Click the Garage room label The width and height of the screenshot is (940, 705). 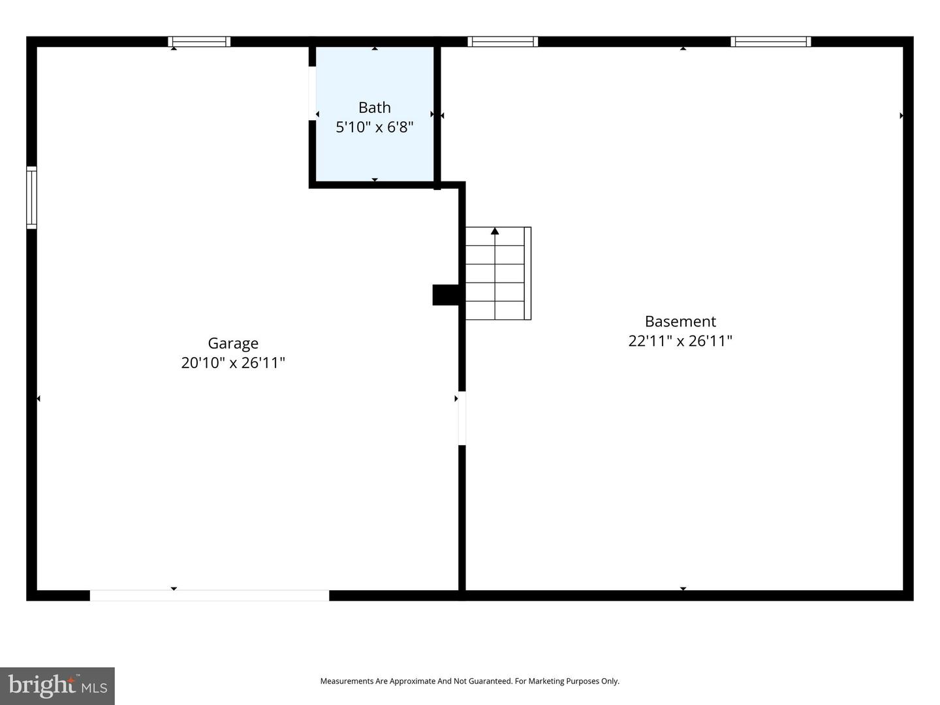click(233, 343)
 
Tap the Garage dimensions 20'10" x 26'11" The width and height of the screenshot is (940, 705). click(233, 363)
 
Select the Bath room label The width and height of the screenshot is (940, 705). click(375, 108)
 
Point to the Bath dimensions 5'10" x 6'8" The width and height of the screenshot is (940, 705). click(375, 127)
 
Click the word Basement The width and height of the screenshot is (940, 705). click(680, 321)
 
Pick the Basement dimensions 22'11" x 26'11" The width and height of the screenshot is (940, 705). click(680, 341)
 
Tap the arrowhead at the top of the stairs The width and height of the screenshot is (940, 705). click(495, 231)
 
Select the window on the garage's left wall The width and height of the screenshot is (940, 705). click(31, 197)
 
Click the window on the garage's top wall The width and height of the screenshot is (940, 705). click(199, 42)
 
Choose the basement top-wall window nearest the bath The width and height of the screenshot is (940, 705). click(503, 42)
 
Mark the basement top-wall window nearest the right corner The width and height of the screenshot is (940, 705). click(770, 42)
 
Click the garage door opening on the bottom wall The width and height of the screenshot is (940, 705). click(209, 595)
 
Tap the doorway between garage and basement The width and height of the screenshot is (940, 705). click(462, 418)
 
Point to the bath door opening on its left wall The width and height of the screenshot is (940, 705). click(313, 93)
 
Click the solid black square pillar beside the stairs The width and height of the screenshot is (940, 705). click(446, 294)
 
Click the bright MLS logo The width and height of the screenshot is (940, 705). click(57, 686)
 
